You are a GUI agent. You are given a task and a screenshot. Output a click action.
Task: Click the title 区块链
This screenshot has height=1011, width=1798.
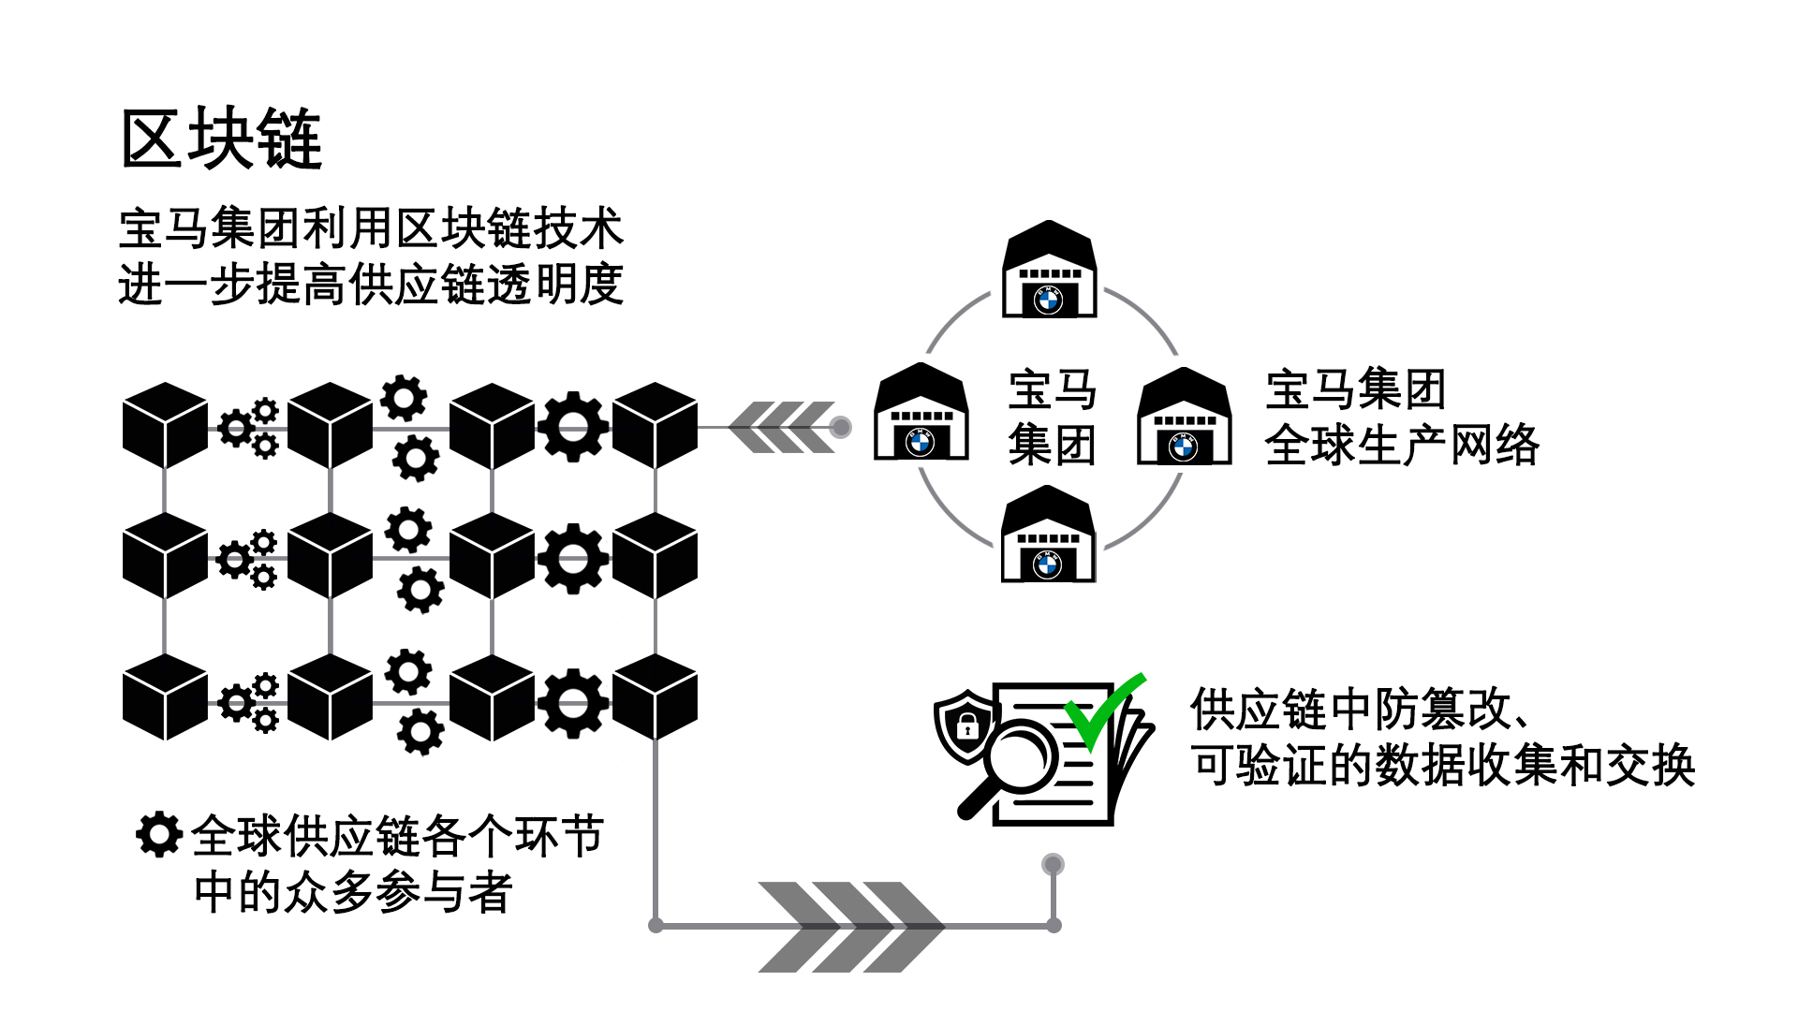(x=222, y=139)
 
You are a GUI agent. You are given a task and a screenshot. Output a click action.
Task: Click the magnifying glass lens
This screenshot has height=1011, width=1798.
(x=1019, y=757)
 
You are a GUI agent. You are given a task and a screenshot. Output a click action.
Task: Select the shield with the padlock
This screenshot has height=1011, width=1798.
(x=965, y=725)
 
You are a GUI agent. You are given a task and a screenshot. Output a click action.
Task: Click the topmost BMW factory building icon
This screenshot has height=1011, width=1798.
(x=1049, y=271)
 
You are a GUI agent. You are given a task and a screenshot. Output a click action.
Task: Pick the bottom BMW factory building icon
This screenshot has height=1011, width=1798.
(x=1048, y=536)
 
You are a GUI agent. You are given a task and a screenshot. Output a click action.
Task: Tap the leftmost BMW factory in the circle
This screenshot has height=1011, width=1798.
(x=921, y=414)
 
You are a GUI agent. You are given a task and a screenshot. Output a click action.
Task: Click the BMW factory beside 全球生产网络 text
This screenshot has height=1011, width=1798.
(x=1184, y=418)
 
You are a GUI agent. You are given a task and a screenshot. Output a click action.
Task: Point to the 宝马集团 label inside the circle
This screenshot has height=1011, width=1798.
(x=1052, y=417)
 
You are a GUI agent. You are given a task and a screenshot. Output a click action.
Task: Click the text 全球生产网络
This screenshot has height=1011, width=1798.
(x=1401, y=446)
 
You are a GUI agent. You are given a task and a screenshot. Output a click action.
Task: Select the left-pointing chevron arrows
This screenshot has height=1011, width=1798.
(x=781, y=427)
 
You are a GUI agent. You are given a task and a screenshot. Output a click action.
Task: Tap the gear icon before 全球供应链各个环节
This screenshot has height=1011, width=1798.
(x=158, y=833)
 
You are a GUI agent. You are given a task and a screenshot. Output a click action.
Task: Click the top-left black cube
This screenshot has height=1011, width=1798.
(x=165, y=425)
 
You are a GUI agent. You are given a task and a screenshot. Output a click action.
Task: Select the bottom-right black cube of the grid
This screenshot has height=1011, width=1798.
(x=655, y=697)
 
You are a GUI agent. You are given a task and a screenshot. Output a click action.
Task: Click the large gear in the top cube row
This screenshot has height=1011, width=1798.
(x=573, y=427)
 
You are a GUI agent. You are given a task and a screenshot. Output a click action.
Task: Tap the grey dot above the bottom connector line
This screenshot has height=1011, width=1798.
(x=1053, y=864)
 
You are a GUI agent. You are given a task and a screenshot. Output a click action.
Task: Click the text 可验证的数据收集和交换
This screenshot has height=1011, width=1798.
(x=1442, y=766)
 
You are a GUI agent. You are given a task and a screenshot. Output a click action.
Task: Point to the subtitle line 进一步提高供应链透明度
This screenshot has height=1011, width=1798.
(x=371, y=285)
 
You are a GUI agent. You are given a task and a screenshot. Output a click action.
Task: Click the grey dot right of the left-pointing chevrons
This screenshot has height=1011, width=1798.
(x=840, y=427)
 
